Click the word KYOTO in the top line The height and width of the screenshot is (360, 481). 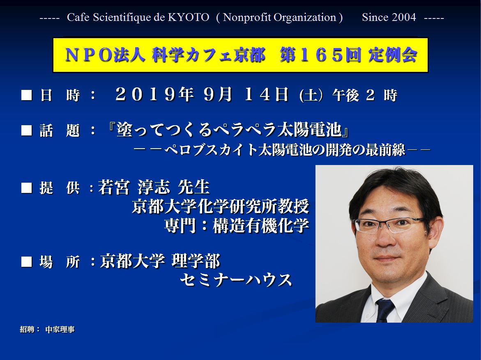(189, 18)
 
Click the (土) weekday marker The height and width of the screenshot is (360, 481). (311, 95)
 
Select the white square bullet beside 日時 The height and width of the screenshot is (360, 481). (26, 95)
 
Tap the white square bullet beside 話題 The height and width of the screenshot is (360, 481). (26, 130)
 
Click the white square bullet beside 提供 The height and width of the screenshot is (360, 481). (26, 188)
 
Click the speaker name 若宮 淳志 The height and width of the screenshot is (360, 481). (134, 187)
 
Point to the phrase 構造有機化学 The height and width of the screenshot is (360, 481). (261, 226)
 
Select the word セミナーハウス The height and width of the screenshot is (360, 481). (236, 280)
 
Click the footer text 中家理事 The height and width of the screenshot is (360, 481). (60, 330)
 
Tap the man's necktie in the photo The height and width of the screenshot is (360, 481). (385, 310)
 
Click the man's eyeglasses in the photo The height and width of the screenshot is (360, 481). (389, 225)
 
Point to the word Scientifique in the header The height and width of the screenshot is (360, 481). (121, 18)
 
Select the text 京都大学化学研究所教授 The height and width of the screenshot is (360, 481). (220, 206)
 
